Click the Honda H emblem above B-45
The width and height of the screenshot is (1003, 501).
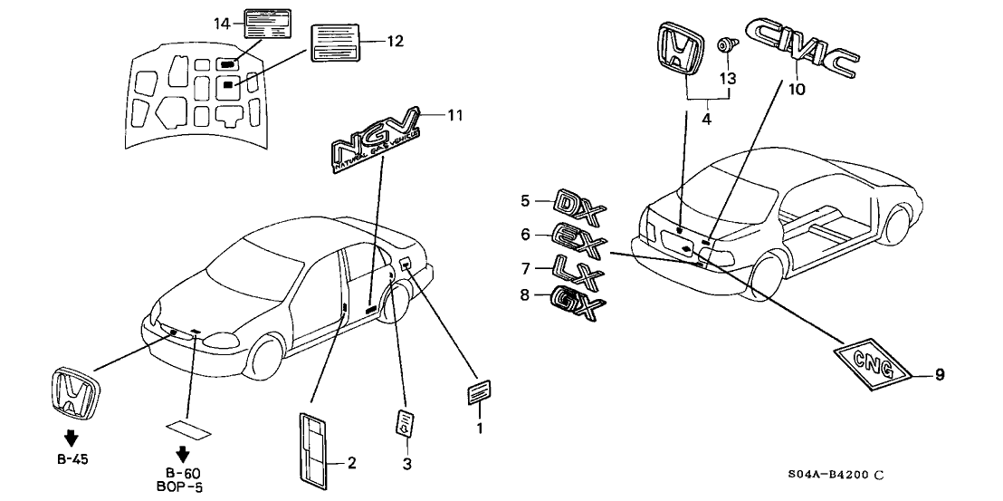tap(76, 394)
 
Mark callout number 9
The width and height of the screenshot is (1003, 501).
tap(939, 374)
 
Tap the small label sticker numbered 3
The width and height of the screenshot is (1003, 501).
tap(408, 423)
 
